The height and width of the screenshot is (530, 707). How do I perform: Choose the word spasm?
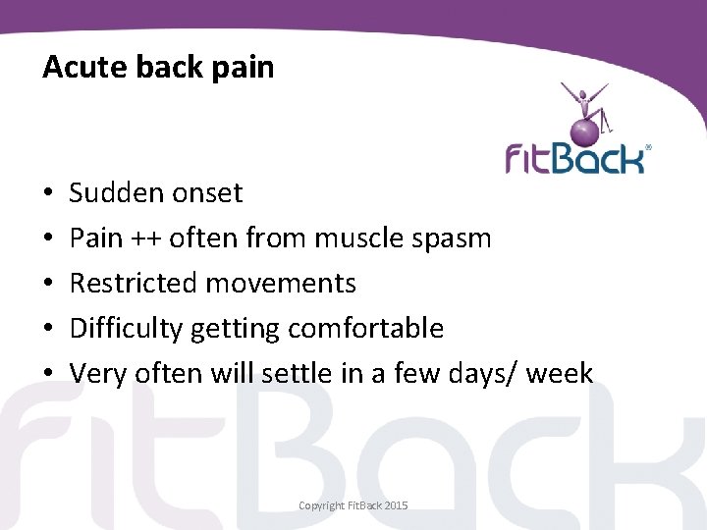coord(455,238)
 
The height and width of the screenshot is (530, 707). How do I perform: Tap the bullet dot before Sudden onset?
coord(47,194)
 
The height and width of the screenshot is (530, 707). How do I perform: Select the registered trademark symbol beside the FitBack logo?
coord(647,148)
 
